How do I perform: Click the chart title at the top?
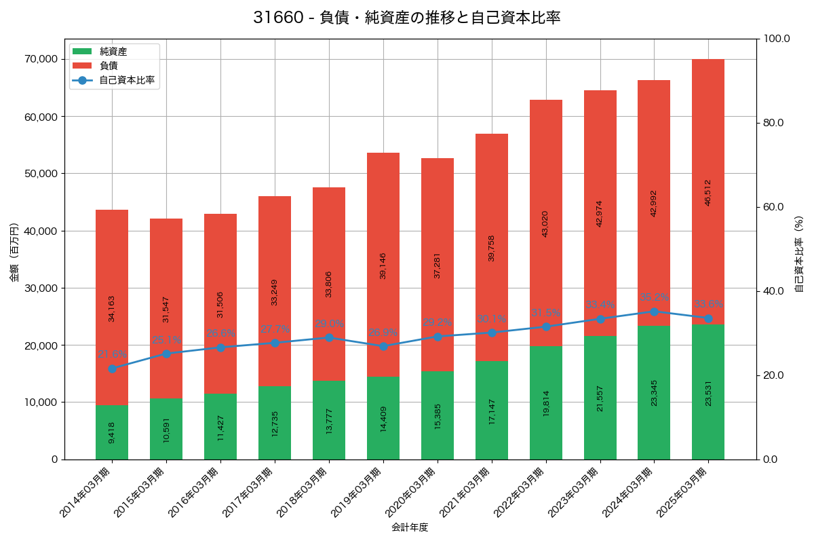coord(406,18)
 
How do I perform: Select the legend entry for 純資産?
coord(113,52)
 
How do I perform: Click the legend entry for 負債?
coord(109,66)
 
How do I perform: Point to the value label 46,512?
coord(708,192)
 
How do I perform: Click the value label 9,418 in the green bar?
coord(112,432)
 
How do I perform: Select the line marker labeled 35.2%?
coord(654,312)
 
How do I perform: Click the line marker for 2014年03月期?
coord(112,369)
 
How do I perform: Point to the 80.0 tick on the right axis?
coord(773,123)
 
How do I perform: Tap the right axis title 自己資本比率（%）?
coord(799,254)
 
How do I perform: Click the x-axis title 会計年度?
coord(410,527)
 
